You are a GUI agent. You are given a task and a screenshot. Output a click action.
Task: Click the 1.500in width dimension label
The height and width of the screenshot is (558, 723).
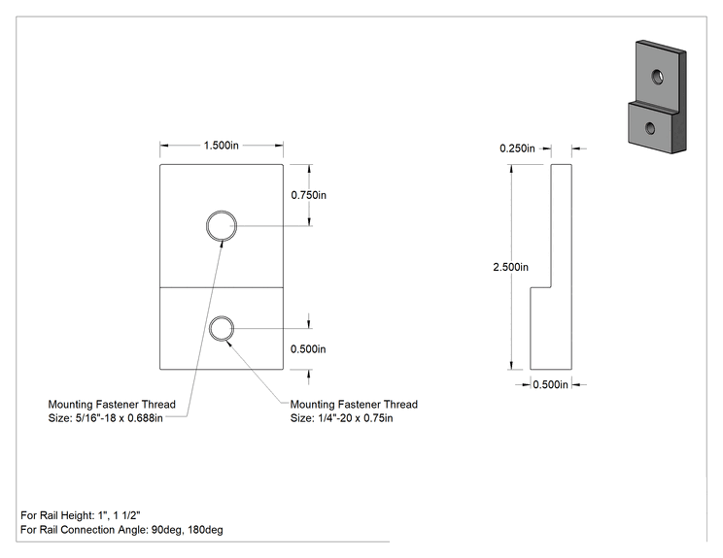(x=222, y=146)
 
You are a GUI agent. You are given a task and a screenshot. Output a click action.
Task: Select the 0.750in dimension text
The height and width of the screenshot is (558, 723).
(x=308, y=195)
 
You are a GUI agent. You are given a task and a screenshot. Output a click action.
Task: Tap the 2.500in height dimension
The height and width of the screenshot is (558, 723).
(x=511, y=267)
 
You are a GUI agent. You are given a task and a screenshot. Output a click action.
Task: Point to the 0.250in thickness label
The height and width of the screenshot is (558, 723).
(x=517, y=148)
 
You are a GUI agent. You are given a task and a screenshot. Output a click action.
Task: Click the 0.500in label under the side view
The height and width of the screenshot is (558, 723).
(x=551, y=384)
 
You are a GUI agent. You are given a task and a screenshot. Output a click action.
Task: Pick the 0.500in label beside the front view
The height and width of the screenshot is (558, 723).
(x=308, y=349)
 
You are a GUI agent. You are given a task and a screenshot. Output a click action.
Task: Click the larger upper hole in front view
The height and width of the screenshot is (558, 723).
(x=222, y=211)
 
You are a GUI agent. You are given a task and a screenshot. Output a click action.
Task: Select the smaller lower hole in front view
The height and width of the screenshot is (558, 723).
(x=222, y=316)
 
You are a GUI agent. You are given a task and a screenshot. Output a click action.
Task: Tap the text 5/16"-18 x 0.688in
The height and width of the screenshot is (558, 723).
(x=119, y=418)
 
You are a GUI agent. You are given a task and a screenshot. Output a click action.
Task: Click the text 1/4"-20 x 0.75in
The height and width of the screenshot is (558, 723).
(x=356, y=418)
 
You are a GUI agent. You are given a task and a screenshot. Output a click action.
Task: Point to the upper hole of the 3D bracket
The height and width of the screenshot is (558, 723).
(x=658, y=77)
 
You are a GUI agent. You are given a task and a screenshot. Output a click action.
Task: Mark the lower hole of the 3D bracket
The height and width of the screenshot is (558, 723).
(x=650, y=128)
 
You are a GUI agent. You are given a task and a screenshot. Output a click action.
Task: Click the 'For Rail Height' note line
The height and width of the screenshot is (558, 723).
(x=81, y=515)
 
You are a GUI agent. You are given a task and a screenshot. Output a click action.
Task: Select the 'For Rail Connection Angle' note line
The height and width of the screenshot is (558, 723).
(x=121, y=530)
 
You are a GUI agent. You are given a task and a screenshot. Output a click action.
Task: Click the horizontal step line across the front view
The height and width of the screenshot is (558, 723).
(x=222, y=288)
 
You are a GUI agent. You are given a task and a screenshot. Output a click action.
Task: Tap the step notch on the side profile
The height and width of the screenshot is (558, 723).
(x=541, y=288)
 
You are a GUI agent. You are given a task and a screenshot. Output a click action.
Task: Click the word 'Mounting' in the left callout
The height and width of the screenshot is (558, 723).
(x=71, y=405)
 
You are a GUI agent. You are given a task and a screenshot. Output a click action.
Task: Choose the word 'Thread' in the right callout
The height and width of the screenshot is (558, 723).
(x=400, y=405)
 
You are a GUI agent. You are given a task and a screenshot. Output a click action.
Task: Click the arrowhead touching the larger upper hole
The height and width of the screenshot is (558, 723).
(x=222, y=244)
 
